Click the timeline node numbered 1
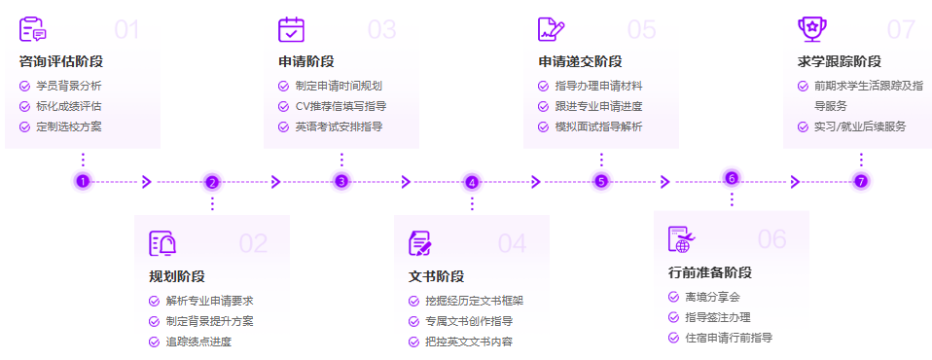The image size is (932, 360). (83, 181)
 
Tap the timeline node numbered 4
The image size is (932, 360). (472, 182)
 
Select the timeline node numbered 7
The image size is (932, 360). (860, 181)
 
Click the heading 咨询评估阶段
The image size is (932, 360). (60, 61)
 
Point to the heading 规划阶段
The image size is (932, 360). (177, 276)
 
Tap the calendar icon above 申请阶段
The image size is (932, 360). (291, 29)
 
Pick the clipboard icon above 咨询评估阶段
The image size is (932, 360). (31, 29)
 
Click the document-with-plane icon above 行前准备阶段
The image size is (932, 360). (682, 238)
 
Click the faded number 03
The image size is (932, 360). (381, 30)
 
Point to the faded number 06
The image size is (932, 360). (771, 239)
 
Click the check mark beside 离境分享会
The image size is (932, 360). (673, 297)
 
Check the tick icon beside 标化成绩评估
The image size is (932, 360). (24, 106)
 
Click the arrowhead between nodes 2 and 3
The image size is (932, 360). (276, 182)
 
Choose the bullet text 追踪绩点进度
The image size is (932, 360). (198, 342)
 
